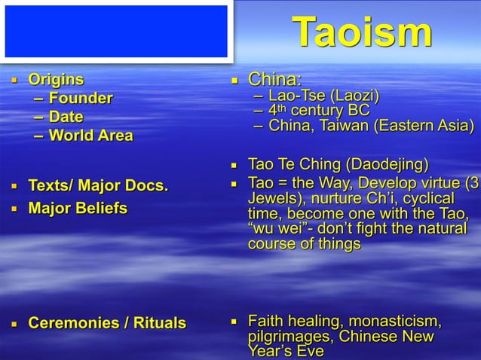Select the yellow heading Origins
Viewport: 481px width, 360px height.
coord(56,80)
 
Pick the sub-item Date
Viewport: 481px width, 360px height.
coord(66,117)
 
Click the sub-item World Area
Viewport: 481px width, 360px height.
coord(90,136)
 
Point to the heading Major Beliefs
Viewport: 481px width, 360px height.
coord(78,207)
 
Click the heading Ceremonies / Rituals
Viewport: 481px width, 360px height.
coord(106,324)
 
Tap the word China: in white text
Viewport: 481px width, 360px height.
coord(275,80)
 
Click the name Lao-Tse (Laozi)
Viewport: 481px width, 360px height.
coord(324,96)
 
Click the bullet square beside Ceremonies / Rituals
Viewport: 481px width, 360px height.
coord(13,325)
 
